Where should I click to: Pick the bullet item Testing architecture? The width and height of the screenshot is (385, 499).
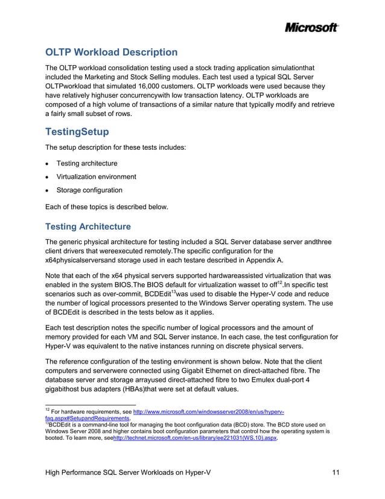(x=87, y=164)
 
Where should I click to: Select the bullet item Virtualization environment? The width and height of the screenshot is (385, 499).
(x=96, y=177)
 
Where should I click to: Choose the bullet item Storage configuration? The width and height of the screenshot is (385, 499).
(x=89, y=190)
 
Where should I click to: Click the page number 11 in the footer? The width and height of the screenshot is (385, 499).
(x=337, y=471)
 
